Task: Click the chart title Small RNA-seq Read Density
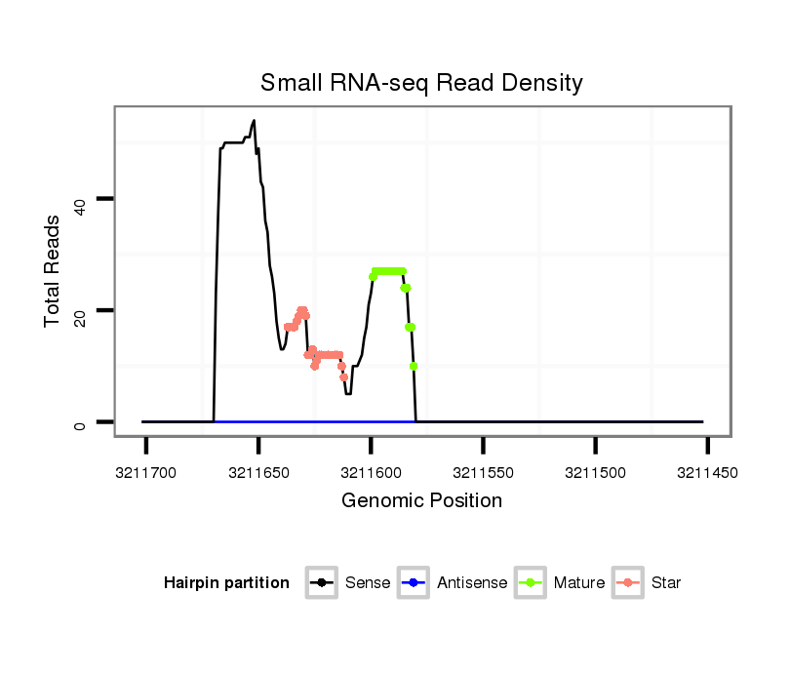pos(421,83)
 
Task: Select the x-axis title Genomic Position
pos(421,501)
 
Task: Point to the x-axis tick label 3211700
pos(146,472)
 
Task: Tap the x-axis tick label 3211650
pos(258,472)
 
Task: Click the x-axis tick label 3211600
pos(371,472)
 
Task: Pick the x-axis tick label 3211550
pos(484,472)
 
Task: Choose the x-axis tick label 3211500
pos(596,472)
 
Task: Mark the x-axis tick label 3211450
pos(708,472)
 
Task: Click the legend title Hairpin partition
pos(226,583)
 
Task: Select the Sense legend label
pos(368,583)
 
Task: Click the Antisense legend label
pos(472,583)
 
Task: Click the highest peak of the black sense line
pos(254,121)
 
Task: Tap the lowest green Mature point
pos(414,367)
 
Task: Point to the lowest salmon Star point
pos(344,376)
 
